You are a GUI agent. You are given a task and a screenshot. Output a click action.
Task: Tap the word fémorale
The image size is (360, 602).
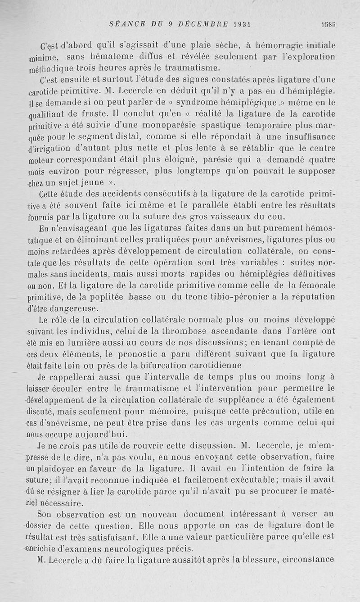[x=317, y=285]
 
